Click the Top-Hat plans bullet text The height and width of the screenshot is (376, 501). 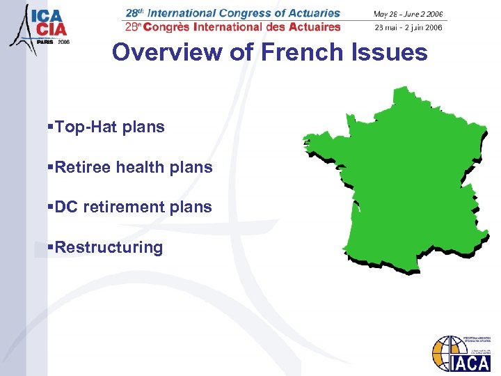(109, 127)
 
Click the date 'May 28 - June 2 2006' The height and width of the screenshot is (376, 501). (408, 14)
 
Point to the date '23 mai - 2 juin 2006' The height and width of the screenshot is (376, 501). (408, 27)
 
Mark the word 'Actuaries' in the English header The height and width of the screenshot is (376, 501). (314, 13)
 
